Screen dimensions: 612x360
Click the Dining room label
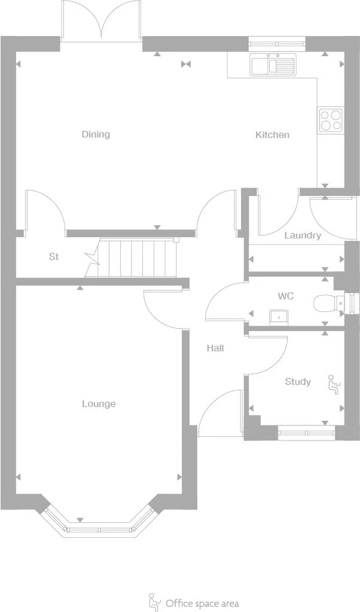pyautogui.click(x=96, y=134)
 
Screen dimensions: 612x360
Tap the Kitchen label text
pyautogui.click(x=272, y=135)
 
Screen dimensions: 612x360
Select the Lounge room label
pyautogui.click(x=99, y=404)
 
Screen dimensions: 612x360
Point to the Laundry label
pyautogui.click(x=302, y=235)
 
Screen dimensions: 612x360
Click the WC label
pyautogui.click(x=285, y=296)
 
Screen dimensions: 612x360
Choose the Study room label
pyautogui.click(x=297, y=382)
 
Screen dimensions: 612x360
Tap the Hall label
pyautogui.click(x=215, y=348)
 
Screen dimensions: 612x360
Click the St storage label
pyautogui.click(x=54, y=257)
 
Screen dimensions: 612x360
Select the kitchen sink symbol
pyautogui.click(x=273, y=65)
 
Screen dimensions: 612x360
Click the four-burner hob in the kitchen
pyautogui.click(x=330, y=120)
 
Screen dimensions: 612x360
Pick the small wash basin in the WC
pyautogui.click(x=279, y=317)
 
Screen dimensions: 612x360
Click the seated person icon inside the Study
pyautogui.click(x=332, y=384)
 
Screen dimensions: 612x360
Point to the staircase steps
pyautogui.click(x=138, y=258)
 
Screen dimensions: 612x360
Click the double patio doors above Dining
pyautogui.click(x=101, y=23)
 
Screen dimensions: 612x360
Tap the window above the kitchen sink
pyautogui.click(x=276, y=42)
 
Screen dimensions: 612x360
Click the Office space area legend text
pyautogui.click(x=202, y=603)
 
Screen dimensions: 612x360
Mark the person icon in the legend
pyautogui.click(x=154, y=602)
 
